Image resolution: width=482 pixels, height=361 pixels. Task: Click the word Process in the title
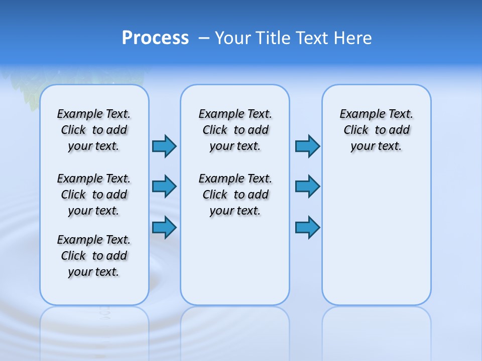coord(155,38)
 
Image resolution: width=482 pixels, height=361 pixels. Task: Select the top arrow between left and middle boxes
coord(164,146)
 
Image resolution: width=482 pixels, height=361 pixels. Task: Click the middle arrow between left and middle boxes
coord(164,187)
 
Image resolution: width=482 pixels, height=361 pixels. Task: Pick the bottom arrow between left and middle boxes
coord(164,227)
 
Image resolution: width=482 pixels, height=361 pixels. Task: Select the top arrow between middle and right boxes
coord(307,146)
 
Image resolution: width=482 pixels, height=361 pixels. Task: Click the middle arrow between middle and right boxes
coord(307,187)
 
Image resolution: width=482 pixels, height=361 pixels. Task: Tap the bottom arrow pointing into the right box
coord(307,227)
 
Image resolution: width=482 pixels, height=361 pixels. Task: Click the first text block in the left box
coord(94,130)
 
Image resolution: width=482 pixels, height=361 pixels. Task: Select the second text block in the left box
coord(94,195)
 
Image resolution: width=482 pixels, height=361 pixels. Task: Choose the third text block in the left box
coord(94,256)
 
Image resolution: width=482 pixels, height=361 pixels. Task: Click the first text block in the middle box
coord(235,130)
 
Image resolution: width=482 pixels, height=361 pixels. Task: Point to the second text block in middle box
coord(235,195)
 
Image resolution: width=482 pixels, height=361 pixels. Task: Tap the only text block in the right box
coord(377,130)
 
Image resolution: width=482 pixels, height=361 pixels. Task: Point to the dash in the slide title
coord(204,38)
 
